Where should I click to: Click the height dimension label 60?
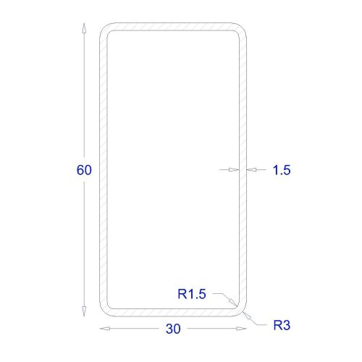coord(84,170)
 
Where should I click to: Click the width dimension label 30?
coord(173,329)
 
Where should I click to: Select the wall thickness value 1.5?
coord(282,170)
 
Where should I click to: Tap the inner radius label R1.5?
coord(192,294)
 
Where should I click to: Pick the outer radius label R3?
coord(282,325)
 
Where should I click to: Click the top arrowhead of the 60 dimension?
coord(84,28)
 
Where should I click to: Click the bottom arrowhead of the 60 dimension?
coord(84,311)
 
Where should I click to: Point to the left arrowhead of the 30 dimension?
coord(105,329)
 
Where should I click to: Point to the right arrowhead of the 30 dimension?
coord(241,329)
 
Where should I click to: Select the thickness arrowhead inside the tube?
coord(234,170)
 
